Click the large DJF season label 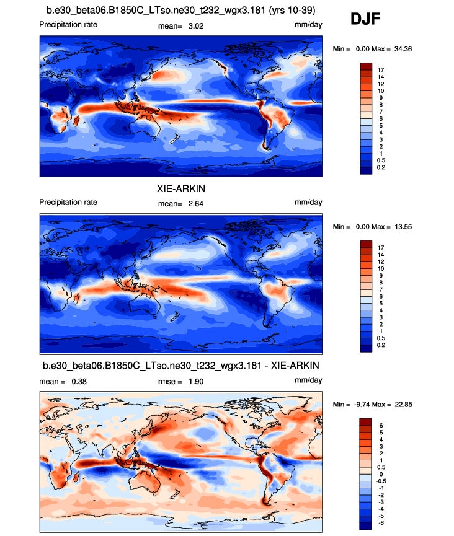[365, 19]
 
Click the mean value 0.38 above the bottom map [77, 381]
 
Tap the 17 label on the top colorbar [381, 70]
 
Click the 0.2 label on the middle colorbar [381, 345]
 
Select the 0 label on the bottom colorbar [379, 472]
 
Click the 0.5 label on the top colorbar [381, 160]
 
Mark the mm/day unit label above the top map [308, 25]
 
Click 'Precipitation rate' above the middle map [68, 203]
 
